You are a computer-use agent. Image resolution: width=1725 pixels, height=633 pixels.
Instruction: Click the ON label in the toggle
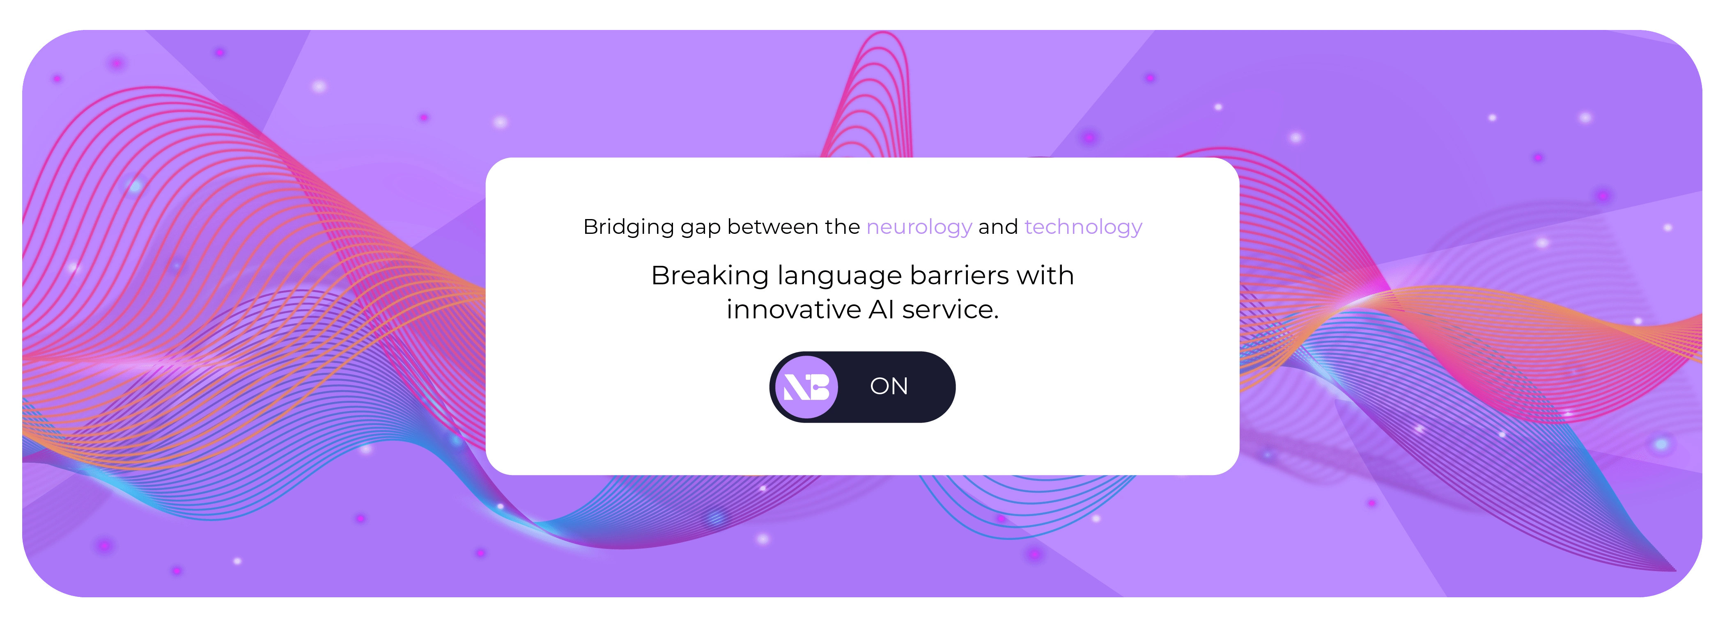[889, 386]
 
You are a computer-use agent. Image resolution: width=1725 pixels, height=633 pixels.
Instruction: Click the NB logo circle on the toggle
[806, 387]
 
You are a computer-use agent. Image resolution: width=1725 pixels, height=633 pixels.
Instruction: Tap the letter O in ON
[879, 386]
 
